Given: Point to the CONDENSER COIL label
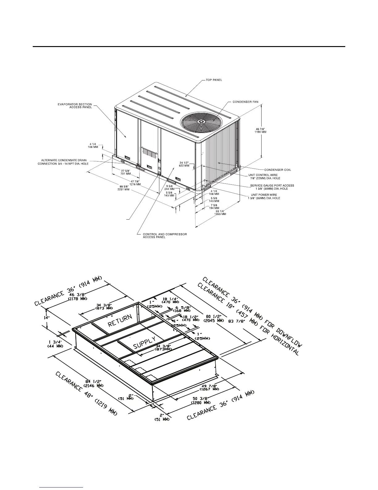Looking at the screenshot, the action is click(277, 170).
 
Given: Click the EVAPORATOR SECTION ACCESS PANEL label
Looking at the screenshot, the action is click(75, 106).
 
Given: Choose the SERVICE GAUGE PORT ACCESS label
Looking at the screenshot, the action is click(272, 187).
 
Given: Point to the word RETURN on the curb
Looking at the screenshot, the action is click(120, 320).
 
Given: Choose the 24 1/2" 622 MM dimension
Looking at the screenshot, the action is click(186, 164).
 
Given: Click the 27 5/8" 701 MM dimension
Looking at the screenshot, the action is click(126, 172).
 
